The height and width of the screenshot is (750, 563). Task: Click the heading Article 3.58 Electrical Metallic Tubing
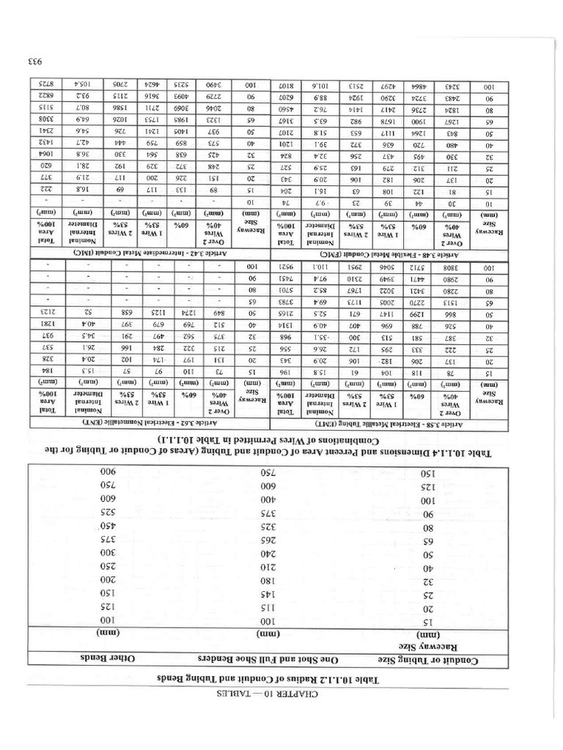[406, 423]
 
